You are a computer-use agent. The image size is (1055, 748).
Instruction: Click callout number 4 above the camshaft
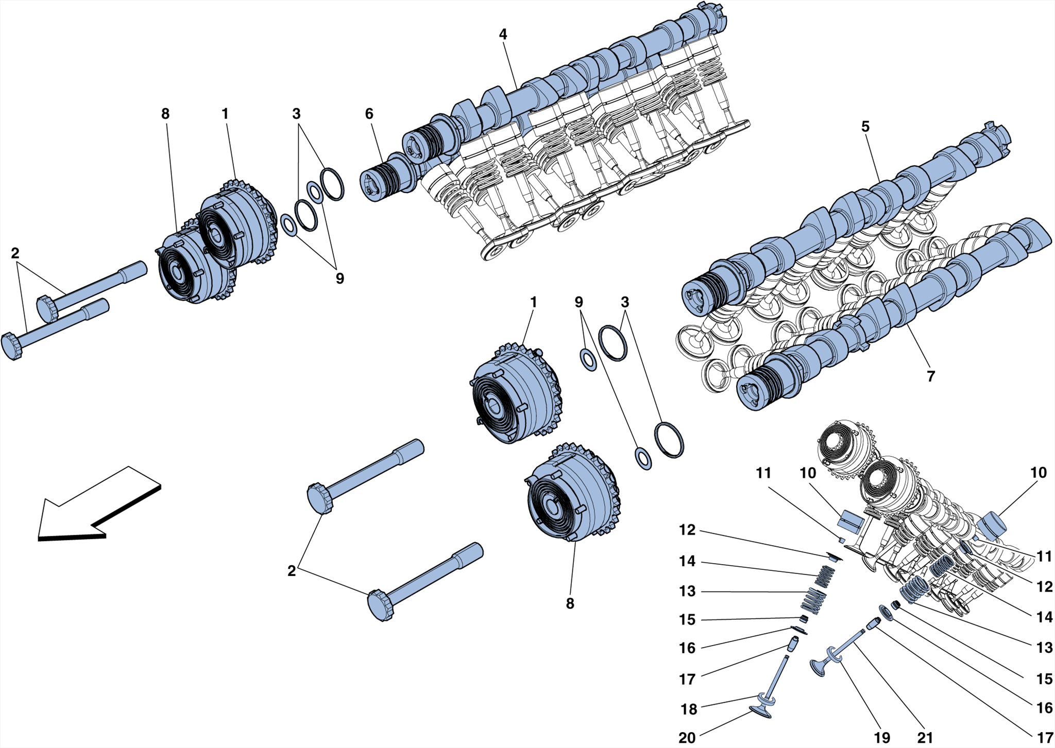(503, 34)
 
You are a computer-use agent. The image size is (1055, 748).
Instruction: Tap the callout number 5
(865, 127)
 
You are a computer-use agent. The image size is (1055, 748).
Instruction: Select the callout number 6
(369, 114)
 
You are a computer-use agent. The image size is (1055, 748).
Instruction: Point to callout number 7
(930, 376)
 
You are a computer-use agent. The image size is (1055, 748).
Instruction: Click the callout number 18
(689, 709)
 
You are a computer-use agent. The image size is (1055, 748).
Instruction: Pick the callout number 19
(882, 738)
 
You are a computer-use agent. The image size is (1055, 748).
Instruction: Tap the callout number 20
(687, 738)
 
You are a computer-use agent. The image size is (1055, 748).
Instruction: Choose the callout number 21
(925, 738)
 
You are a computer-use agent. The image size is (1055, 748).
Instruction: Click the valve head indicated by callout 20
(761, 712)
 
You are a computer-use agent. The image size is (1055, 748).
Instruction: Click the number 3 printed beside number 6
(296, 114)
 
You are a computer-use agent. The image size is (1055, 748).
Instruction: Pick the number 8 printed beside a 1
(165, 114)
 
